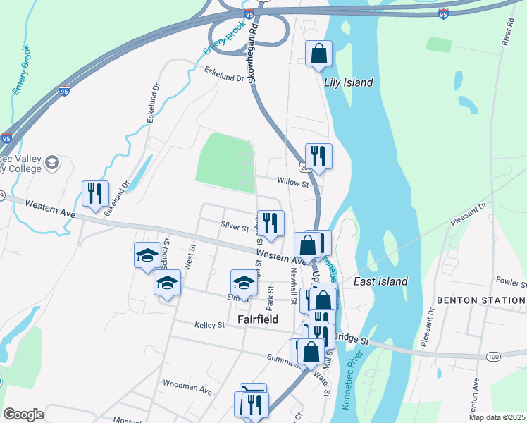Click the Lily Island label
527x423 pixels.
[348, 82]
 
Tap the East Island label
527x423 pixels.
[380, 281]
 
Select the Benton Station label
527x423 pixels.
[480, 300]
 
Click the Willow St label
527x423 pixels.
[293, 183]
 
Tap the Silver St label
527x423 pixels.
[235, 228]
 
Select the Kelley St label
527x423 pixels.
[209, 325]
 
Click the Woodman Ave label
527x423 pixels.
[187, 389]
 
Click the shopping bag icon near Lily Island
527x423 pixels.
[318, 53]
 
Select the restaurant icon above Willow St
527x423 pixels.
[318, 156]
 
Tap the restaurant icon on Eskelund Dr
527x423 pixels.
[95, 193]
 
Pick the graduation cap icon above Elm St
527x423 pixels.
[244, 283]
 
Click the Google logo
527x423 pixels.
[24, 414]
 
